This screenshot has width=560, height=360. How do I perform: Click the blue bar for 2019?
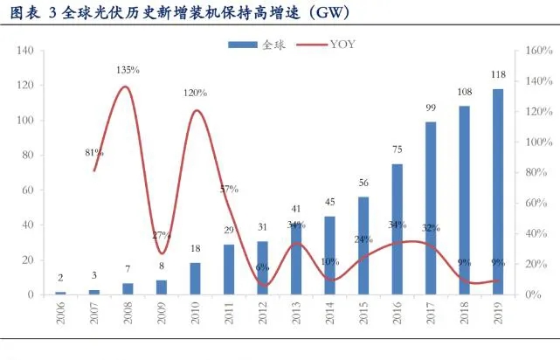point(498,192)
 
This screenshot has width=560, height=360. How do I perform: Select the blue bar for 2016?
point(397,229)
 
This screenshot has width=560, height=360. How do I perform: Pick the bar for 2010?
point(195,279)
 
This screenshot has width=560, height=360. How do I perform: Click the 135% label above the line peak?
point(128,69)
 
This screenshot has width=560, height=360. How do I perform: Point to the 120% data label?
point(195,92)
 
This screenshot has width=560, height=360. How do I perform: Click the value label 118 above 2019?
point(498,74)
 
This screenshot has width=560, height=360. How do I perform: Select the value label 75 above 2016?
point(397,149)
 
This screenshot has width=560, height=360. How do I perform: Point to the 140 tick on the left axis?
point(25,51)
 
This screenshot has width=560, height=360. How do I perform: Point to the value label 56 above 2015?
point(363,183)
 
